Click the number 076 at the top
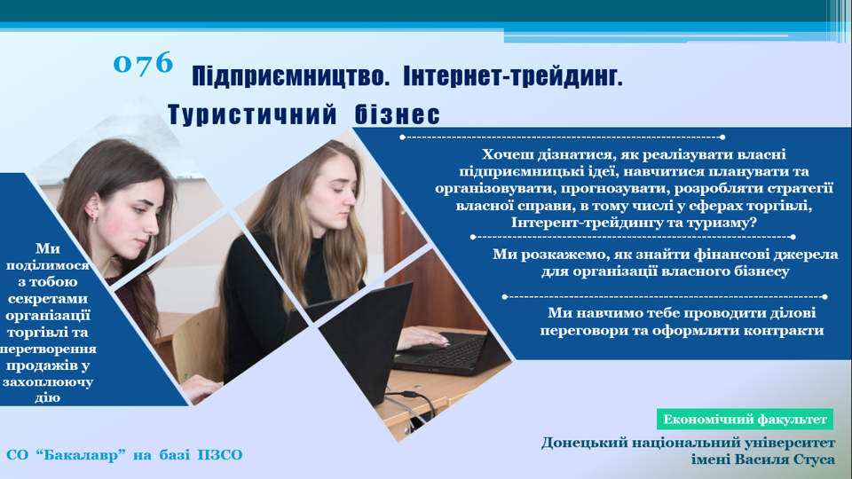pos(143,63)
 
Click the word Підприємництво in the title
pos(291,76)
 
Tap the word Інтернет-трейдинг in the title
pos(513,76)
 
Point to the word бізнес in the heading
pos(398,114)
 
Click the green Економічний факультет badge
pos(745,420)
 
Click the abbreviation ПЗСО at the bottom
pos(221,454)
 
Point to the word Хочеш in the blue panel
pos(508,154)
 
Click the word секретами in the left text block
pos(48,299)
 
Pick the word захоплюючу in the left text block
pos(48,382)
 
